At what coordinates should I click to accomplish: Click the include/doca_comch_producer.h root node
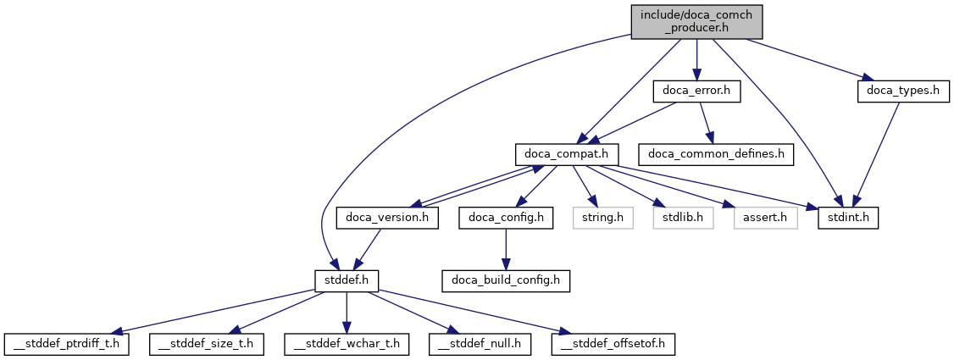pyautogui.click(x=696, y=21)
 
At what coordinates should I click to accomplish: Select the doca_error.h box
pyautogui.click(x=696, y=91)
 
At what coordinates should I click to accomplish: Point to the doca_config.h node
pyautogui.click(x=506, y=218)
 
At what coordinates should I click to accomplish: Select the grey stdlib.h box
pyautogui.click(x=683, y=218)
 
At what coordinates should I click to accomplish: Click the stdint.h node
pyautogui.click(x=848, y=218)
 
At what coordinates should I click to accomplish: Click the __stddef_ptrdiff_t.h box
pyautogui.click(x=66, y=344)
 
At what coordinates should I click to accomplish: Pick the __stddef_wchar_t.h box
pyautogui.click(x=347, y=344)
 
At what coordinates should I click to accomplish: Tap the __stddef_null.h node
pyautogui.click(x=480, y=344)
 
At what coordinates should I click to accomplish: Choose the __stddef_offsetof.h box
pyautogui.click(x=614, y=344)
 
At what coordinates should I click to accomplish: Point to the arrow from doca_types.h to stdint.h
pyautogui.click(x=877, y=152)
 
